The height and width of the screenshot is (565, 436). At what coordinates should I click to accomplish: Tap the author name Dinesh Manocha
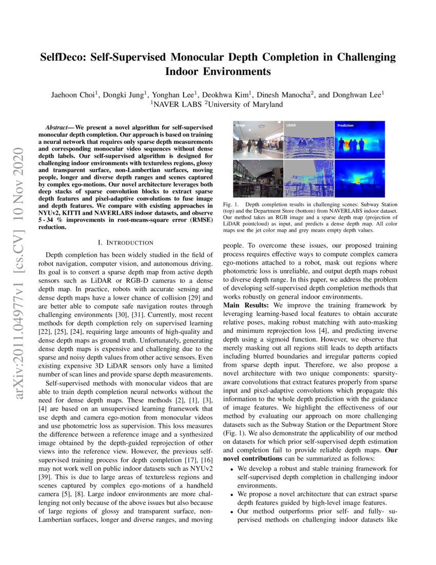tap(283, 95)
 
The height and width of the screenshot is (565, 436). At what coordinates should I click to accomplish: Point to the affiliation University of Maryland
tap(246, 104)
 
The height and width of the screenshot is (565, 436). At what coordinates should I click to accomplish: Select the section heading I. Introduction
tap(126, 242)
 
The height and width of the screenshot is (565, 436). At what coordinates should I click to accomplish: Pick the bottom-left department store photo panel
tap(257, 178)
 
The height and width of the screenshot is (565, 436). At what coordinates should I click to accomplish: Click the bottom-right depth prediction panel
tap(359, 178)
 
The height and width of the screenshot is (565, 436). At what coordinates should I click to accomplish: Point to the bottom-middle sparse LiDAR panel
tap(308, 178)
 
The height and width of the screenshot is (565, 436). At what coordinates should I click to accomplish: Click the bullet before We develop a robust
tap(232, 469)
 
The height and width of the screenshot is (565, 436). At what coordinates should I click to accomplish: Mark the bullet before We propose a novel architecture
tap(232, 494)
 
